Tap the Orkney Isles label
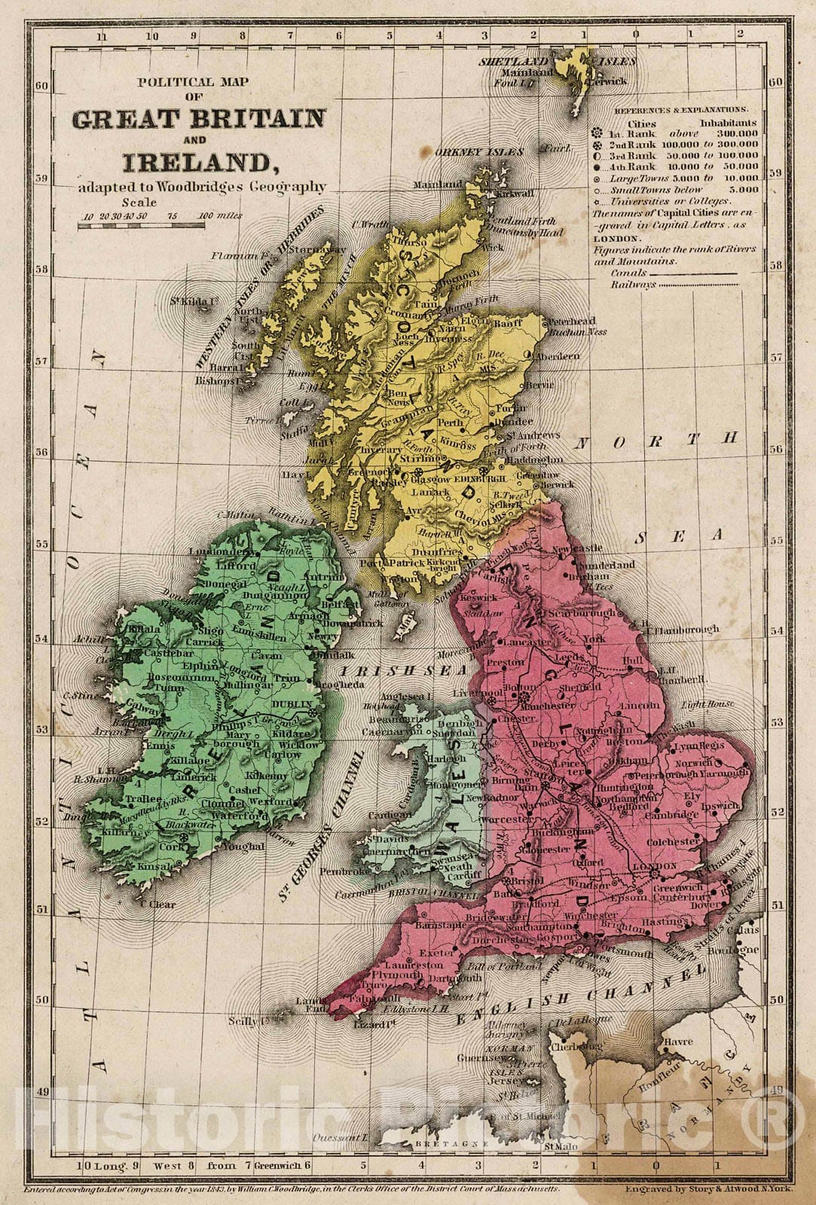pyautogui.click(x=478, y=152)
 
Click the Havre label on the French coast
pyautogui.click(x=678, y=1042)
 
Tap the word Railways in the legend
pyautogui.click(x=634, y=285)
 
